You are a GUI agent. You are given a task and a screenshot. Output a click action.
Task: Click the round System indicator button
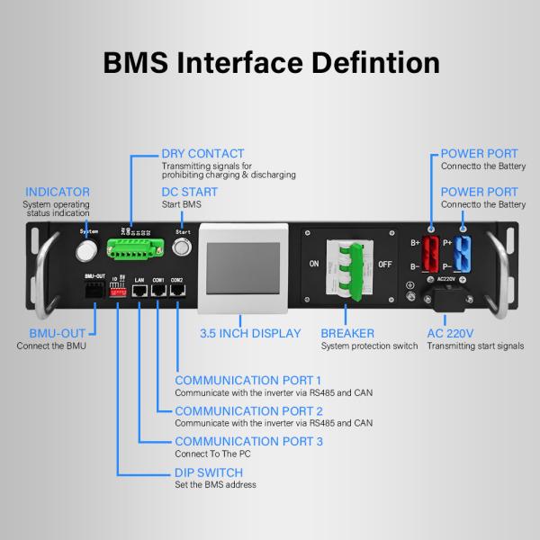point(88,240)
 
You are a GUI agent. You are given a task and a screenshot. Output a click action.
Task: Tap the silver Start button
point(184,240)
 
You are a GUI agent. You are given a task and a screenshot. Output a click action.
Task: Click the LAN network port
point(139,294)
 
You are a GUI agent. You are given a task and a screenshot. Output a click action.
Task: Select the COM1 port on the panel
point(158,294)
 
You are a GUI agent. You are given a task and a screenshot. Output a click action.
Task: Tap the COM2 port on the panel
point(178,294)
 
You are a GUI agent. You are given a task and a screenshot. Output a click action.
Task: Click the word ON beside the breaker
point(313,264)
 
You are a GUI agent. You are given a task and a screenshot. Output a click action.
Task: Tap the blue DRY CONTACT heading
point(202,154)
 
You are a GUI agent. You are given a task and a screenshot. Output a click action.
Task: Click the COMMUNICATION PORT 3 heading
point(248,441)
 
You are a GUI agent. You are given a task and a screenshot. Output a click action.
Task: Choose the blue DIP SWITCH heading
point(209,472)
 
